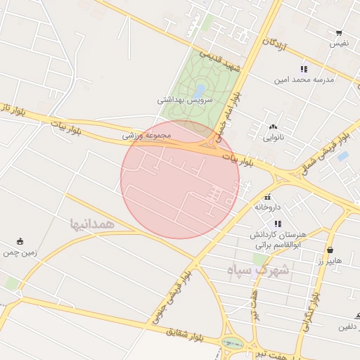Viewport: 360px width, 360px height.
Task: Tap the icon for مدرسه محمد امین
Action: tap(304, 69)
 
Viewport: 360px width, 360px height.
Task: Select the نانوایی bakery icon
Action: tap(273, 127)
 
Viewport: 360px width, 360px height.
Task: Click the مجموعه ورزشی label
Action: tap(147, 134)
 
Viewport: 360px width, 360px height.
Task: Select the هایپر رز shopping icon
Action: tap(330, 250)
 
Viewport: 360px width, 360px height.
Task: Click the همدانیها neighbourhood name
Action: tap(91, 224)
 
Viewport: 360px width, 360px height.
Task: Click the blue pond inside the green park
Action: tap(200, 91)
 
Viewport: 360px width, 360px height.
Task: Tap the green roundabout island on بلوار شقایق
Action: tap(231, 344)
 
